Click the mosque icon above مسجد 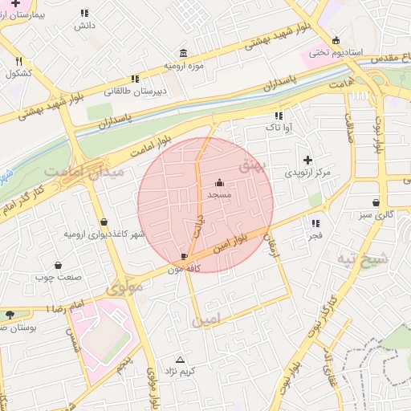click(x=220, y=183)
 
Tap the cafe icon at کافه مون click(x=185, y=257)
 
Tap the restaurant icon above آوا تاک click(x=279, y=116)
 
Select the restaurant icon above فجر click(x=315, y=223)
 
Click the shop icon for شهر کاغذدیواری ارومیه click(x=104, y=222)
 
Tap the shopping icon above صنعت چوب click(x=58, y=265)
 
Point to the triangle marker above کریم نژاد click(x=179, y=360)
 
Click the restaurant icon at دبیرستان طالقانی click(x=135, y=79)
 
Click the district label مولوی click(x=124, y=286)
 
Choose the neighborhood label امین click(x=205, y=320)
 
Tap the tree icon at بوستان click(x=9, y=315)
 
